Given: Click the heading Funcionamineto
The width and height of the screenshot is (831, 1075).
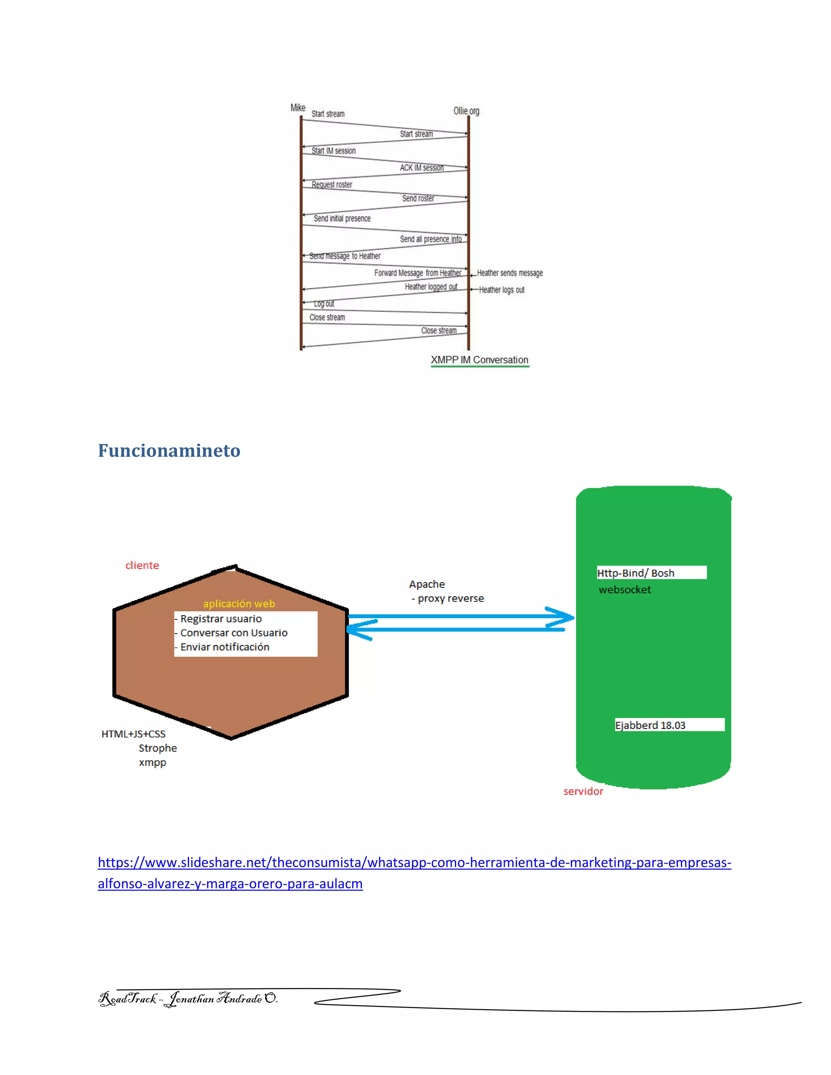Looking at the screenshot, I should pyautogui.click(x=169, y=450).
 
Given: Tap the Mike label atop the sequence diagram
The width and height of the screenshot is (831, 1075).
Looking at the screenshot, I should pyautogui.click(x=298, y=108).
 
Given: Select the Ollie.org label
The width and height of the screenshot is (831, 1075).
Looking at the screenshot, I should pyautogui.click(x=466, y=111).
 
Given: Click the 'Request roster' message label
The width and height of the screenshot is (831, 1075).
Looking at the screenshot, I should pyautogui.click(x=332, y=185).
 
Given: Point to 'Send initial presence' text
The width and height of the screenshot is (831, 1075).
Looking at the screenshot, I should pyautogui.click(x=342, y=219).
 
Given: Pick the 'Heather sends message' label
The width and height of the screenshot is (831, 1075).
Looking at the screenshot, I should pyautogui.click(x=510, y=273).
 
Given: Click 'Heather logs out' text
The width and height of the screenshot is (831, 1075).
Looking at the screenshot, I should pyautogui.click(x=502, y=290).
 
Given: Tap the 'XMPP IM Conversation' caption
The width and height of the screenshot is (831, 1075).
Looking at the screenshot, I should pyautogui.click(x=480, y=360).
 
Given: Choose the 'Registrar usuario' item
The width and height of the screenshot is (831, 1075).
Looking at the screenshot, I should pyautogui.click(x=221, y=619).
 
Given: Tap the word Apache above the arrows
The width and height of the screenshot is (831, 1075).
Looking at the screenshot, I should pyautogui.click(x=427, y=584).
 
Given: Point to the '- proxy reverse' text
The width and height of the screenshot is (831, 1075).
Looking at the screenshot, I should pyautogui.click(x=448, y=598).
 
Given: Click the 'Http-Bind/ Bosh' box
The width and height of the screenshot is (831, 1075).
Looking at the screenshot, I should pyautogui.click(x=651, y=572).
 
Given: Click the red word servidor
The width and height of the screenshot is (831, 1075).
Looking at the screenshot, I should pyautogui.click(x=583, y=791).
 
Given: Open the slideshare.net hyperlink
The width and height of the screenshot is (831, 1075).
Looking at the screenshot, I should pyautogui.click(x=414, y=862).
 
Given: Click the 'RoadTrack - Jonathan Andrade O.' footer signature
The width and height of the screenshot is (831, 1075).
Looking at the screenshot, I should pyautogui.click(x=188, y=998).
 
